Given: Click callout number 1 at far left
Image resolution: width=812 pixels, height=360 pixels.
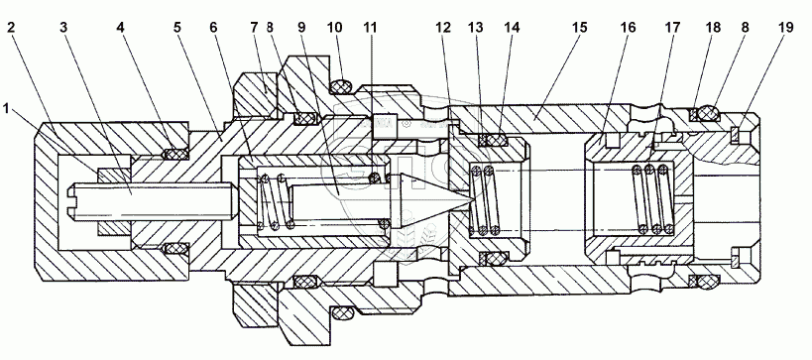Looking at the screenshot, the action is click(x=6, y=108).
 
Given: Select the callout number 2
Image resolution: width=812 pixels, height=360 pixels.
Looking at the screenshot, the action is click(x=11, y=28).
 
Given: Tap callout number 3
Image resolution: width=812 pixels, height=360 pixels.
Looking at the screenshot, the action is click(x=63, y=28).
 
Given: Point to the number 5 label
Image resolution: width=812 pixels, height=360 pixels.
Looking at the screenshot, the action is click(x=177, y=28).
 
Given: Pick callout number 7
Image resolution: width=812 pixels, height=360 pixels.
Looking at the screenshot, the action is click(x=254, y=28).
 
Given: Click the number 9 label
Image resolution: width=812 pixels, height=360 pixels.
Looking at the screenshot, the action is click(x=302, y=28).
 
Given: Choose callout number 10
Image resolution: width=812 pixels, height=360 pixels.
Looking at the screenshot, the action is click(x=334, y=28).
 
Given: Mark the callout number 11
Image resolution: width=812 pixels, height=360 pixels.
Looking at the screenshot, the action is click(x=370, y=28).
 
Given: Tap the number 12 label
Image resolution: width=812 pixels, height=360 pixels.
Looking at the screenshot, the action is click(x=444, y=28).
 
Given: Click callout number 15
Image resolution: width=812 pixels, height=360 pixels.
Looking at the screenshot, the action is click(x=580, y=28).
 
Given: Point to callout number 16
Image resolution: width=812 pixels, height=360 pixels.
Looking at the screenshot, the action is click(x=629, y=28).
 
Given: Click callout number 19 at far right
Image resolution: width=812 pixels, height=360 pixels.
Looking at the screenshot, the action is click(x=785, y=28).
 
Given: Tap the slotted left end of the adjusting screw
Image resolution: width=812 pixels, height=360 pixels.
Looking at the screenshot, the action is click(x=72, y=201).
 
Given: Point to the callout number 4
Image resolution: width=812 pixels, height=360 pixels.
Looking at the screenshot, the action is click(x=121, y=28).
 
